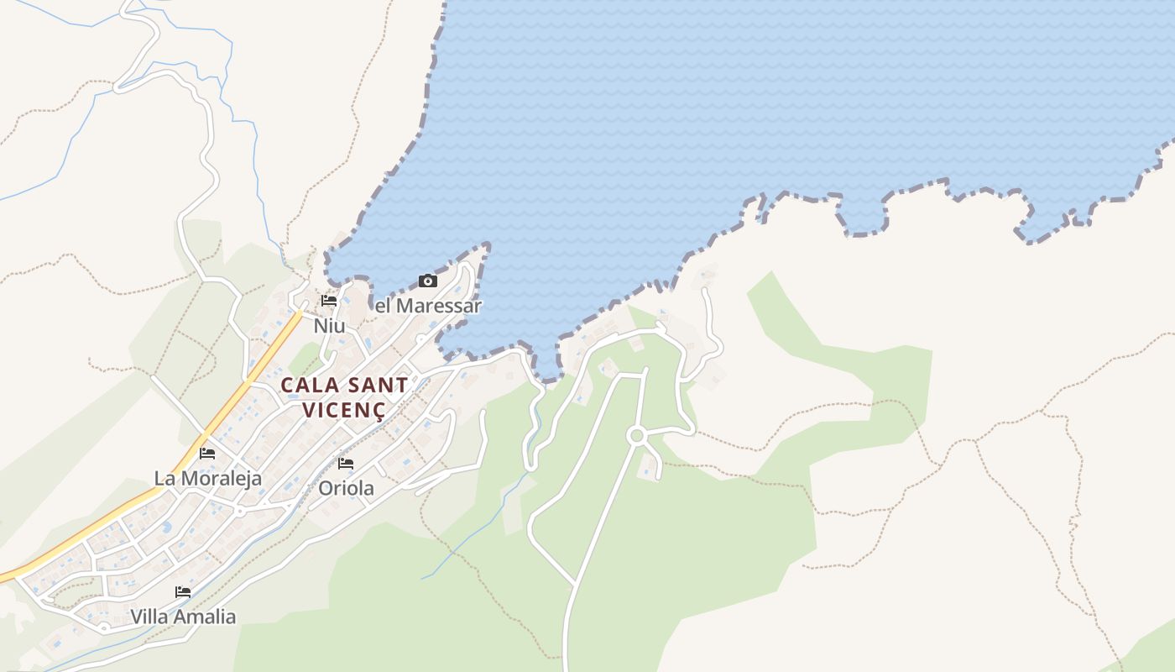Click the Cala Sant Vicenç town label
click(x=344, y=397)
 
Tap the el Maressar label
click(x=428, y=306)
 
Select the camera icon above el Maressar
click(x=428, y=281)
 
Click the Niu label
click(x=329, y=325)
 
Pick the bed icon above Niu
click(x=329, y=301)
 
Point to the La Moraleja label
click(x=207, y=478)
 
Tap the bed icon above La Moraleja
click(x=207, y=454)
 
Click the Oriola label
click(x=346, y=488)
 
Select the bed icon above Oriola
click(x=346, y=464)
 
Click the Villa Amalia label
click(x=183, y=617)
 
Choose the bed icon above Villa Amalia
click(x=183, y=592)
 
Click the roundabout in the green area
click(x=636, y=435)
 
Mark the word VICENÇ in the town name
click(x=344, y=411)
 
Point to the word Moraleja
click(x=220, y=478)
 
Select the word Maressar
click(x=439, y=306)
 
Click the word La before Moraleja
click(x=164, y=478)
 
